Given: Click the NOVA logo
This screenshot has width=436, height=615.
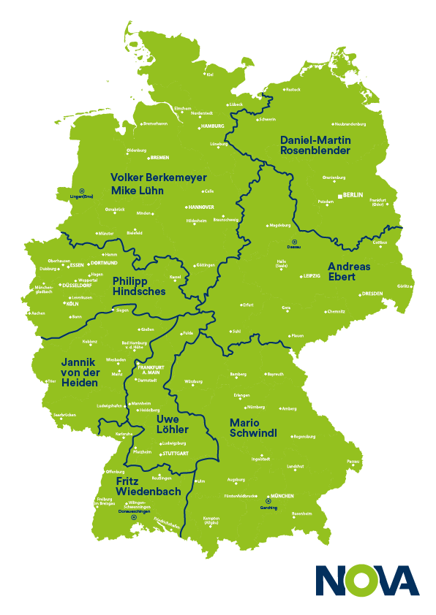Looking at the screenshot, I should click(367, 581).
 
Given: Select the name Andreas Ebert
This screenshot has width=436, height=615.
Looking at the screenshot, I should click(349, 272).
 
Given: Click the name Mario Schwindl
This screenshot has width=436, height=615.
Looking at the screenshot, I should click(253, 428).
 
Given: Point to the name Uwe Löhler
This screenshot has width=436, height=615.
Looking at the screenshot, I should click(173, 424).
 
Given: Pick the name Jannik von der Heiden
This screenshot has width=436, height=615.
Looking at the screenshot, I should click(79, 373).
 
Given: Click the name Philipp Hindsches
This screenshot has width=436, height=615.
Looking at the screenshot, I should click(139, 286).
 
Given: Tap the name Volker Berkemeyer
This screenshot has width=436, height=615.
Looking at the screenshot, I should click(158, 177).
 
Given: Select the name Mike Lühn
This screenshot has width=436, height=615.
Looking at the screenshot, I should click(137, 191).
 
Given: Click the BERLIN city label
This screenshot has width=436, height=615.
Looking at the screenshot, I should click(353, 195).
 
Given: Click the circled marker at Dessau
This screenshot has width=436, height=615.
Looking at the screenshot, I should click(294, 242).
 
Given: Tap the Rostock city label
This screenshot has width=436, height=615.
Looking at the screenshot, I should click(293, 90).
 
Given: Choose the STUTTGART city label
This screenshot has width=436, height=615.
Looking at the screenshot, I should click(175, 454).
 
